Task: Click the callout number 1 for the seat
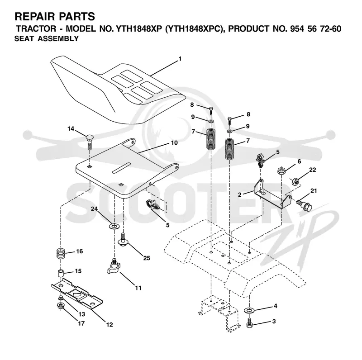(180, 59)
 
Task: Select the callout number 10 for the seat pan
(174, 143)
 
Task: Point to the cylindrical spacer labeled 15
(61, 273)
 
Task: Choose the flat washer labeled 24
(114, 226)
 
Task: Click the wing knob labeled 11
(113, 267)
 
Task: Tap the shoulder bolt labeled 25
(123, 240)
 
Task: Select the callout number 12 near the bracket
(110, 325)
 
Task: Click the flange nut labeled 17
(61, 306)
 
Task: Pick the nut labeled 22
(295, 182)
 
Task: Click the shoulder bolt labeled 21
(304, 205)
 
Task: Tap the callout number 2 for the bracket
(240, 194)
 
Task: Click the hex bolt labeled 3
(249, 322)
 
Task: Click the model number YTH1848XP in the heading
(138, 29)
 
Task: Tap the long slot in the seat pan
(121, 168)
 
